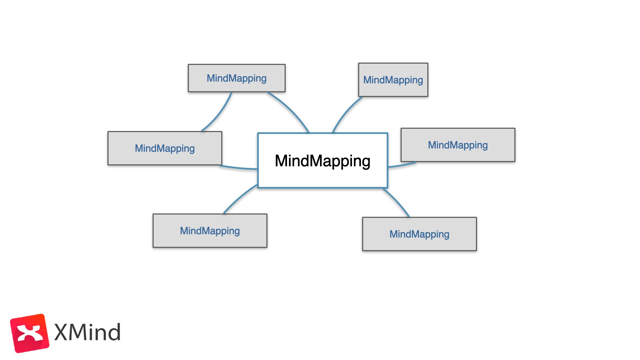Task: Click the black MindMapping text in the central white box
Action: pos(322,161)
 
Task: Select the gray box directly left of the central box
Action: pos(165,148)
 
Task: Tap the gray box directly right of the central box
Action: pos(458,145)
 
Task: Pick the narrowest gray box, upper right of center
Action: pos(393,80)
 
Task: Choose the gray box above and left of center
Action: pos(237,78)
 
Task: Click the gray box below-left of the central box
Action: pos(210,231)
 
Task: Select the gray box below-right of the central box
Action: pos(419,234)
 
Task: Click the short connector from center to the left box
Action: pos(238,168)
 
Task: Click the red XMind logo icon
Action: pos(29,333)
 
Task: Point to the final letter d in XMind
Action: pos(114,332)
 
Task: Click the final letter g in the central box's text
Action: pos(365,162)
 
